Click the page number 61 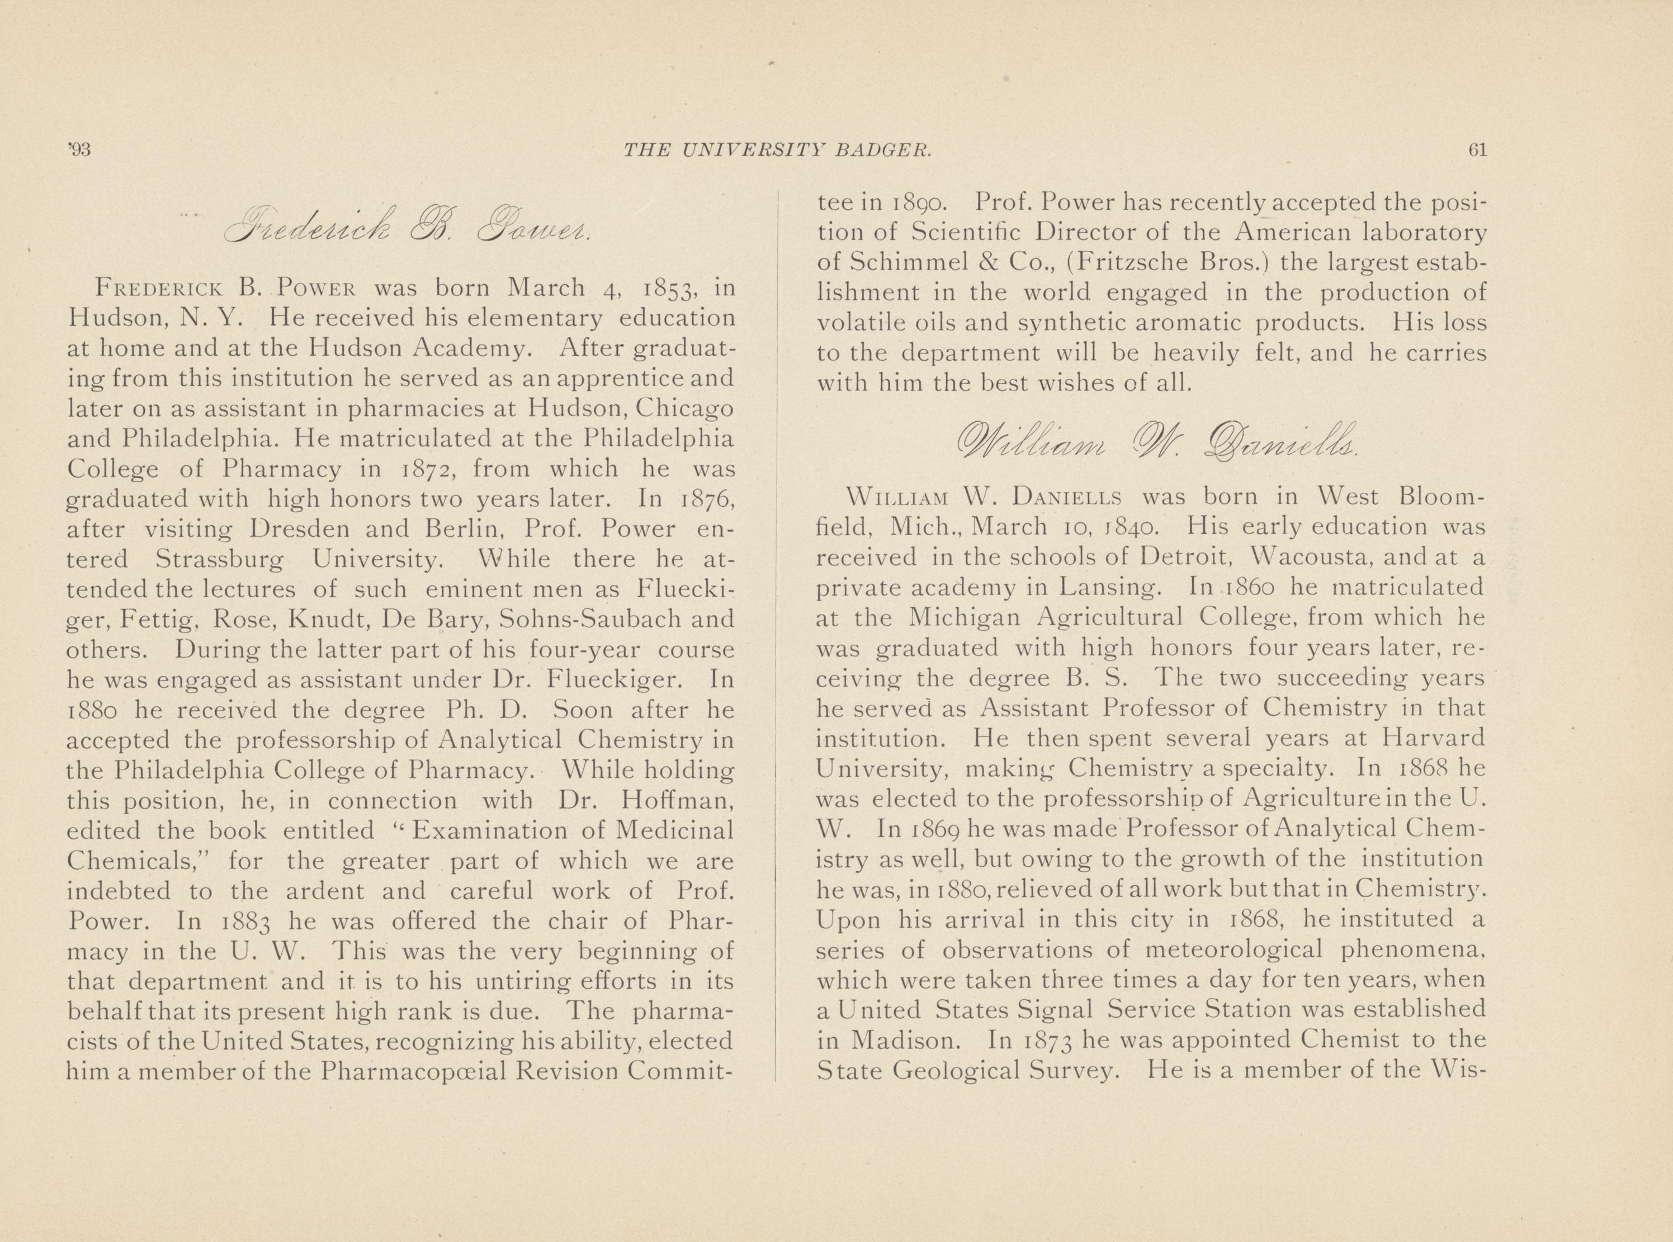(1477, 150)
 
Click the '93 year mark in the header (78, 150)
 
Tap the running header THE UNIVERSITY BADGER (778, 150)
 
